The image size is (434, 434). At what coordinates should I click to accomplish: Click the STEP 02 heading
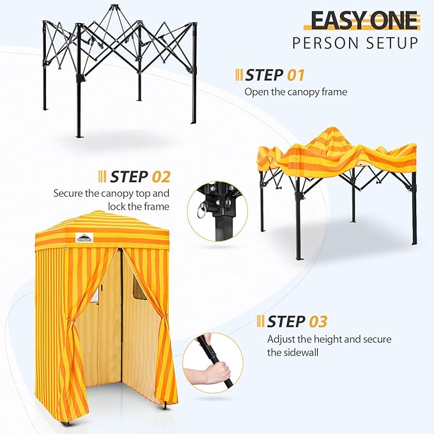pyautogui.click(x=139, y=176)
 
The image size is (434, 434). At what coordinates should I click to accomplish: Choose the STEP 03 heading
pyautogui.click(x=297, y=321)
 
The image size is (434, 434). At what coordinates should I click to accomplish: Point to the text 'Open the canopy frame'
pyautogui.click(x=295, y=91)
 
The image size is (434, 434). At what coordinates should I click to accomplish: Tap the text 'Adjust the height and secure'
pyautogui.click(x=329, y=339)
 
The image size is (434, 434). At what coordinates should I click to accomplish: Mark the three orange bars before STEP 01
pyautogui.click(x=239, y=75)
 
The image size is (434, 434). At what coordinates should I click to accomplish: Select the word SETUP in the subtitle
pyautogui.click(x=395, y=43)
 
